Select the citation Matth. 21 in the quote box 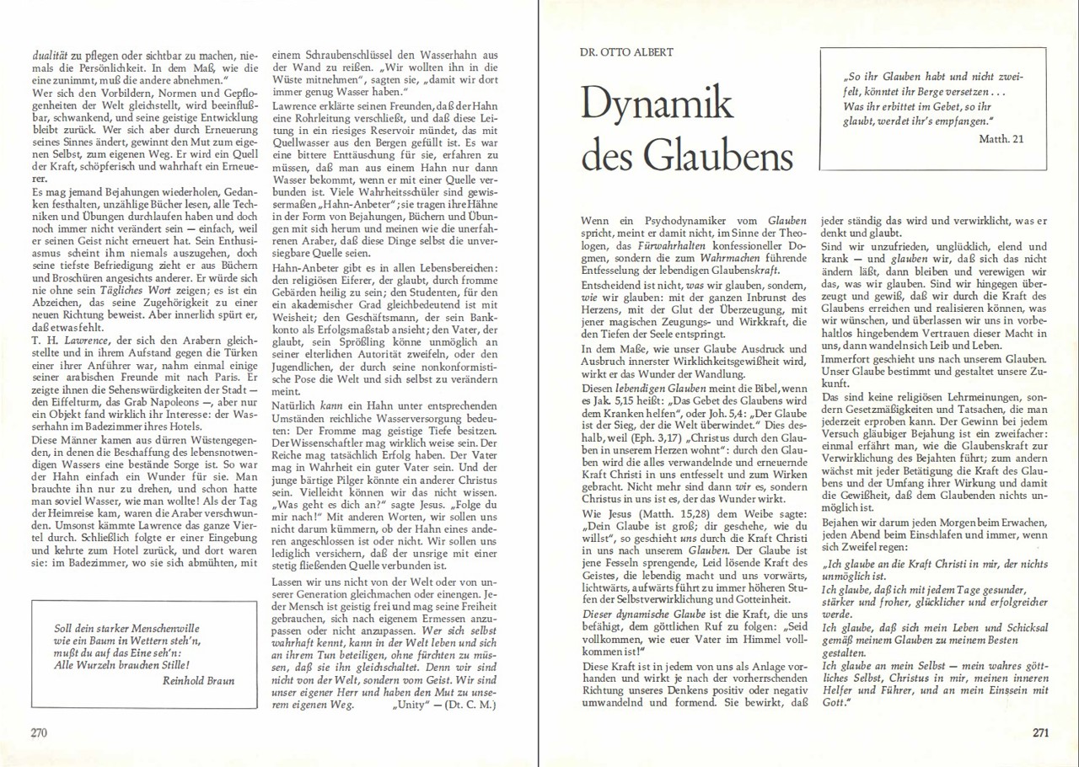click(1001, 138)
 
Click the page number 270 click(38, 732)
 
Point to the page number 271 click(1040, 732)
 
